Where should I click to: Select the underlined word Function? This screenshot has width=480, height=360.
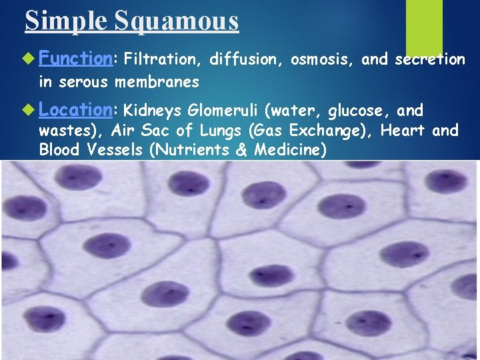[x=75, y=59]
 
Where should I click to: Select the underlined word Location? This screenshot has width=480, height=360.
[x=75, y=109]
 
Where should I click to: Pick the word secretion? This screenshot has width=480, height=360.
[x=430, y=60]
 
